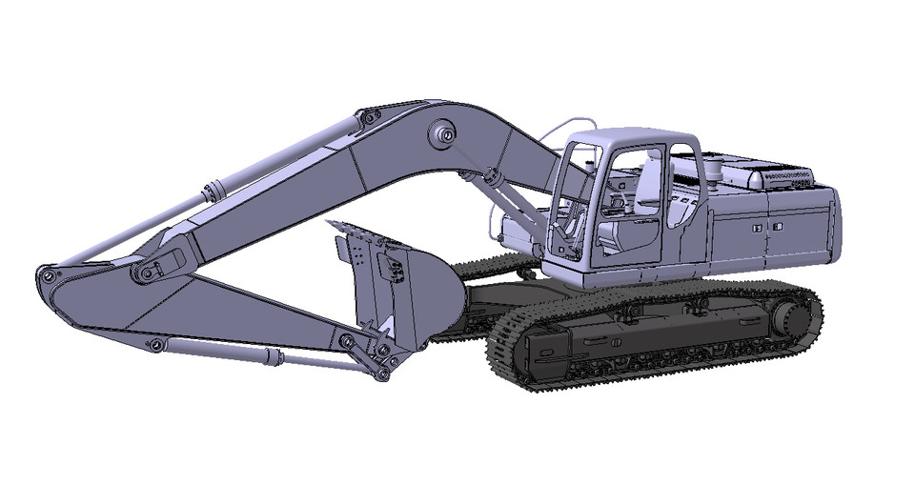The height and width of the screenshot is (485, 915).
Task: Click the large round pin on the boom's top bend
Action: coord(444,135)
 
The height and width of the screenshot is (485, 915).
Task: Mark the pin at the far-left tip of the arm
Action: coord(45,276)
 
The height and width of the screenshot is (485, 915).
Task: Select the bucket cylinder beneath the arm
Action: coord(229,352)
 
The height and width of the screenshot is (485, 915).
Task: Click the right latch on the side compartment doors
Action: coord(779,227)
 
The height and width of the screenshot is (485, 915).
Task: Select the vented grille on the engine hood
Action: coord(787,176)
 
